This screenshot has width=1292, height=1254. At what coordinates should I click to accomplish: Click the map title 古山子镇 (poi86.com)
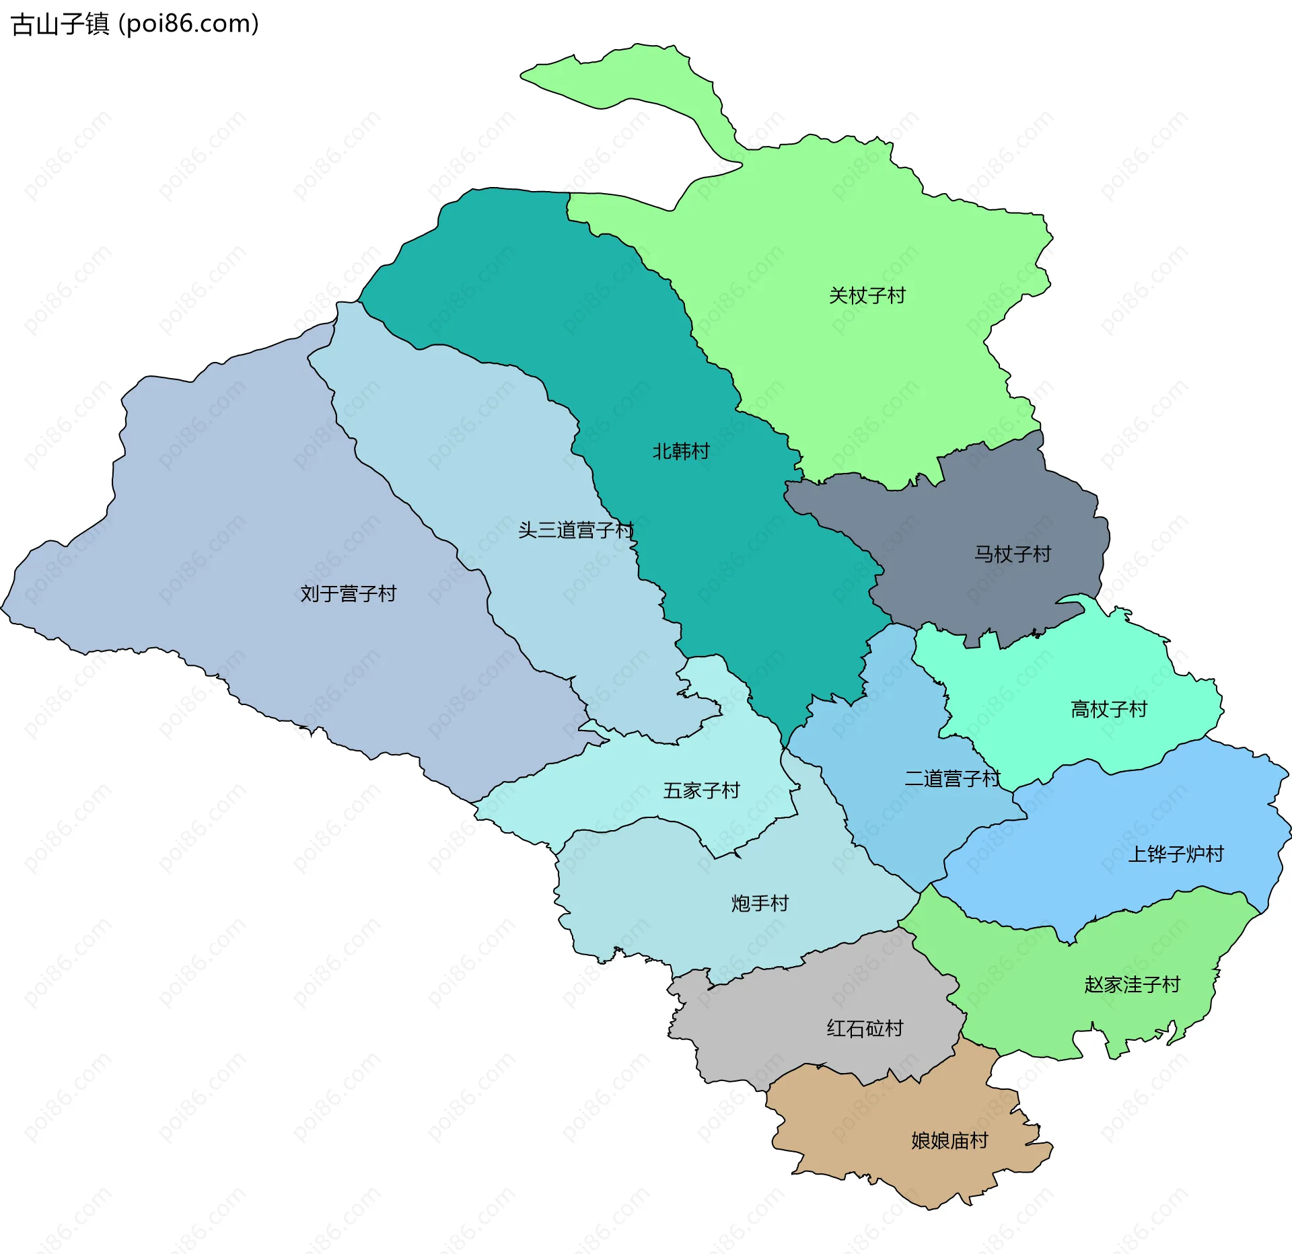(135, 24)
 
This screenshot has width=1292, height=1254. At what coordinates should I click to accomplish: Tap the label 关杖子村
(867, 295)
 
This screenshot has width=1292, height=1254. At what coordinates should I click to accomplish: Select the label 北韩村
(681, 451)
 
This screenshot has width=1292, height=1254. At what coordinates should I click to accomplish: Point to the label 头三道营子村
(576, 530)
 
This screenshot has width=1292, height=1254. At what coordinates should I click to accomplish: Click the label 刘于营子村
(348, 593)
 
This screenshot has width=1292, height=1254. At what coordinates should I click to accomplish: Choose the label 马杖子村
(1012, 554)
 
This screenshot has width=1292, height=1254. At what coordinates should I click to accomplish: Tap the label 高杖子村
(1108, 709)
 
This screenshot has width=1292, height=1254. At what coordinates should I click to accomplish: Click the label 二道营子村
(952, 778)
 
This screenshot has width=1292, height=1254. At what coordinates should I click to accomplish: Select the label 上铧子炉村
(1176, 854)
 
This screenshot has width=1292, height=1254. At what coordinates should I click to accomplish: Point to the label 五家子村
(701, 790)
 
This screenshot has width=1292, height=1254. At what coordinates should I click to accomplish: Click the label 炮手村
(760, 903)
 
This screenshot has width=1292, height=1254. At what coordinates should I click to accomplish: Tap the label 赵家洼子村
(1132, 985)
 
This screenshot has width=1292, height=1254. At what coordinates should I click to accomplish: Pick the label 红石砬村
(865, 1029)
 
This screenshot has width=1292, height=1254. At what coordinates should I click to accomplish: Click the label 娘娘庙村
(949, 1140)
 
